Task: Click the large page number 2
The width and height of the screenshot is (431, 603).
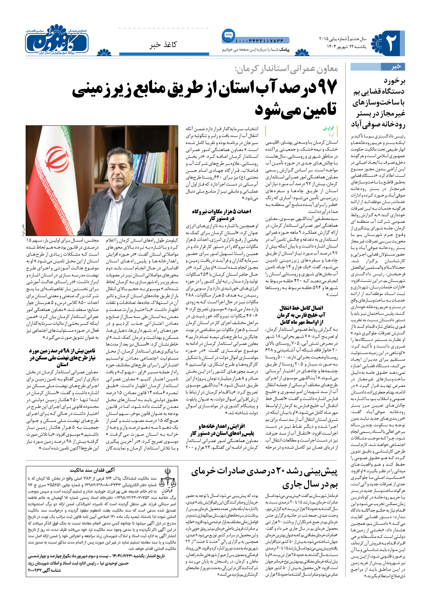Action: (390, 43)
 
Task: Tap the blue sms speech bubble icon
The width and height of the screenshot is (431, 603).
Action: (228, 35)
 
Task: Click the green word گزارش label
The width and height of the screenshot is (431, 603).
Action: (328, 129)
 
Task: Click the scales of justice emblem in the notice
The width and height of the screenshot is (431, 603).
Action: (167, 479)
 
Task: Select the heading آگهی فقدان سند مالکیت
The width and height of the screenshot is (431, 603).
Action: (92, 470)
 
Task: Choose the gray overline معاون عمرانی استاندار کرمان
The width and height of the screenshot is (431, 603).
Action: (286, 69)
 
